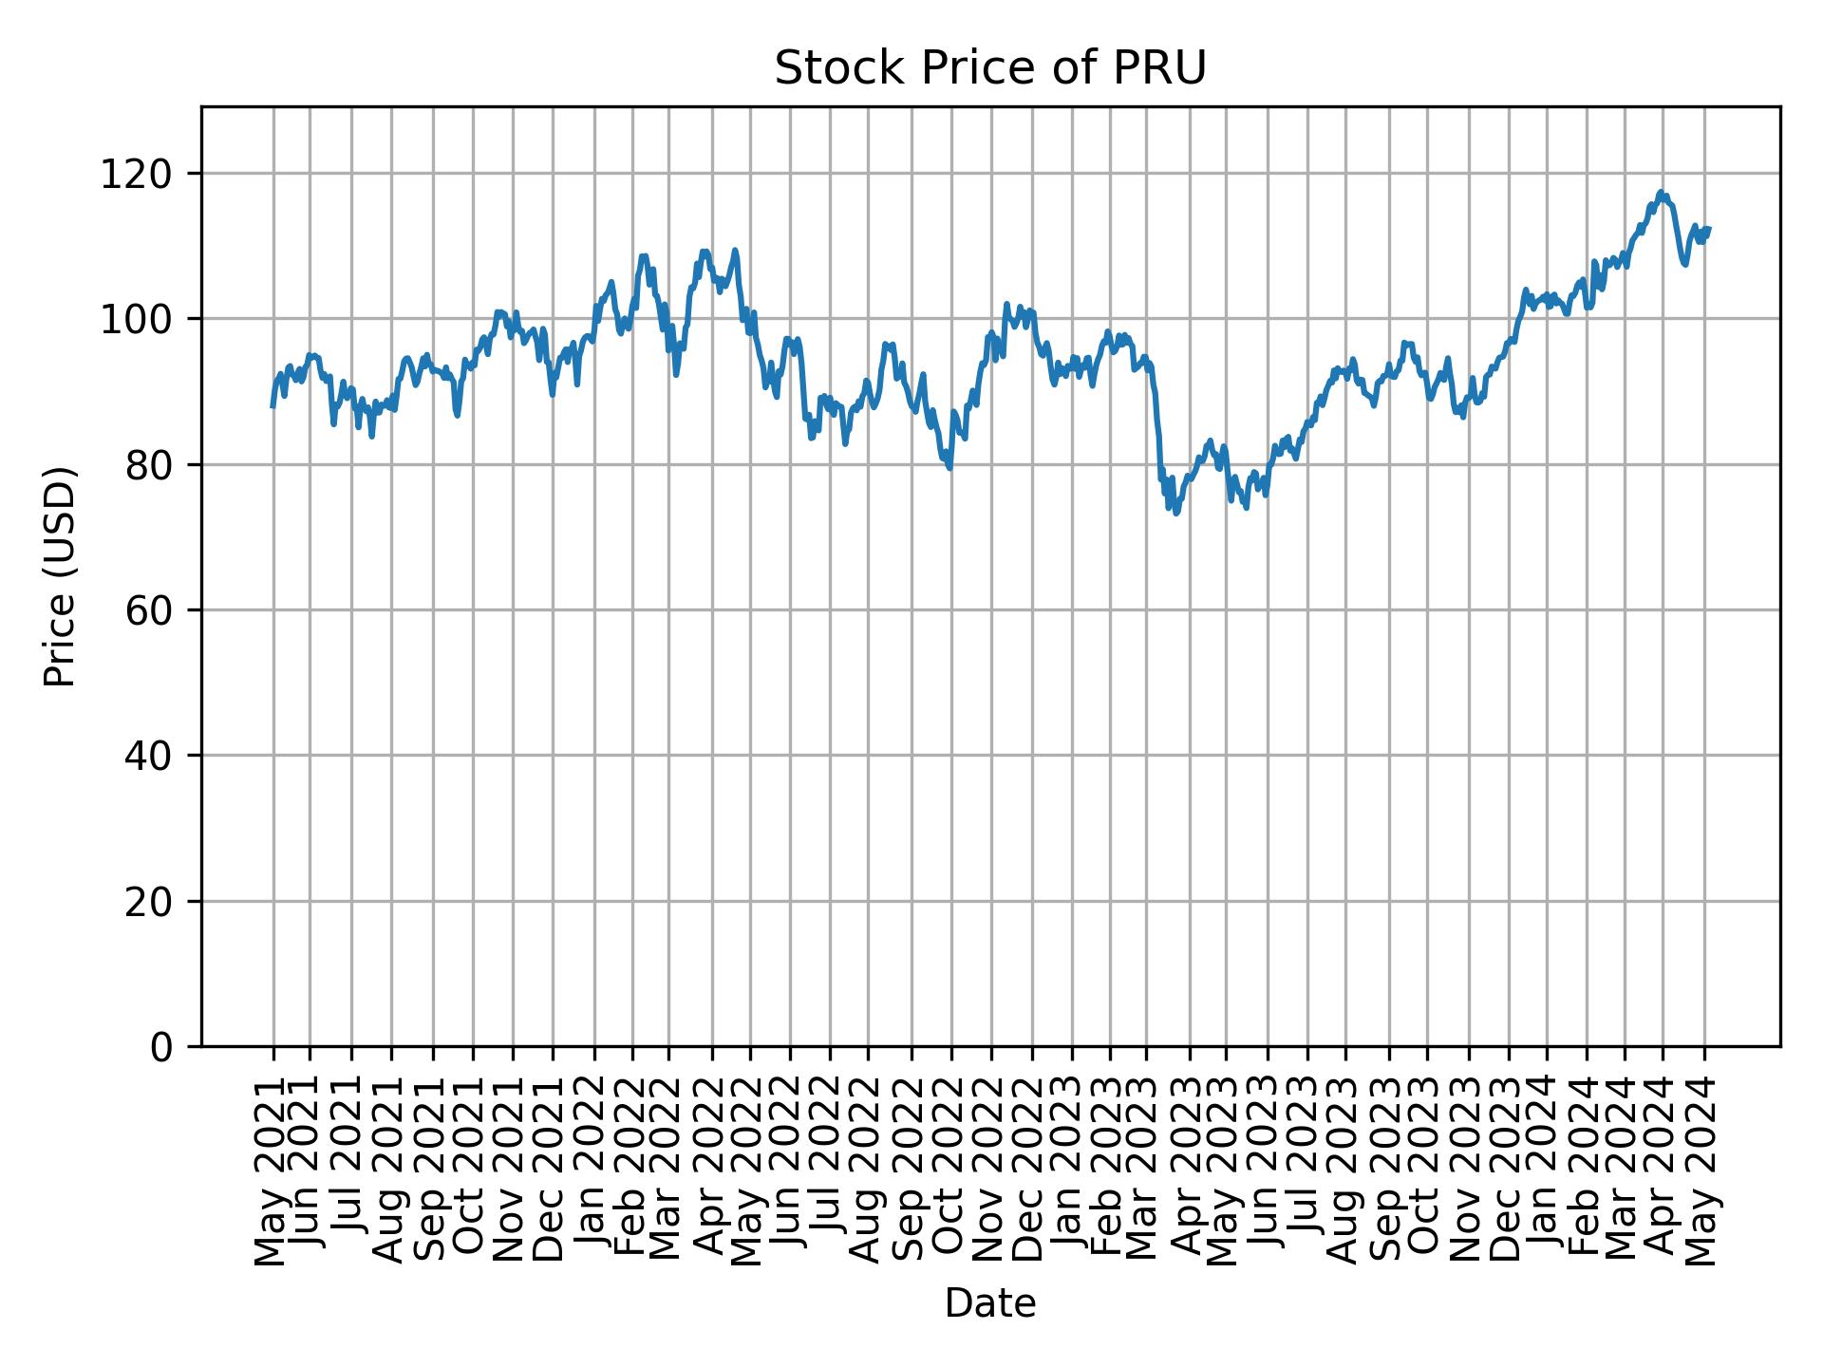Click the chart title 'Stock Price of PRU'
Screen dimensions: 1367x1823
pyautogui.click(x=989, y=68)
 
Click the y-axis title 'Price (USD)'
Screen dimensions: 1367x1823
pyautogui.click(x=60, y=576)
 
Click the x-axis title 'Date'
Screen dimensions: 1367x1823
pyautogui.click(x=989, y=1303)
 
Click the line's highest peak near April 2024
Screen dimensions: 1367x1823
pyautogui.click(x=1661, y=192)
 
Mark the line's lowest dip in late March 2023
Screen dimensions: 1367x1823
pyautogui.click(x=1176, y=514)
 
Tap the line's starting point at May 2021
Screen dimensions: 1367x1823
pyautogui.click(x=273, y=406)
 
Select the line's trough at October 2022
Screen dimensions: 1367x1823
pyautogui.click(x=949, y=468)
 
